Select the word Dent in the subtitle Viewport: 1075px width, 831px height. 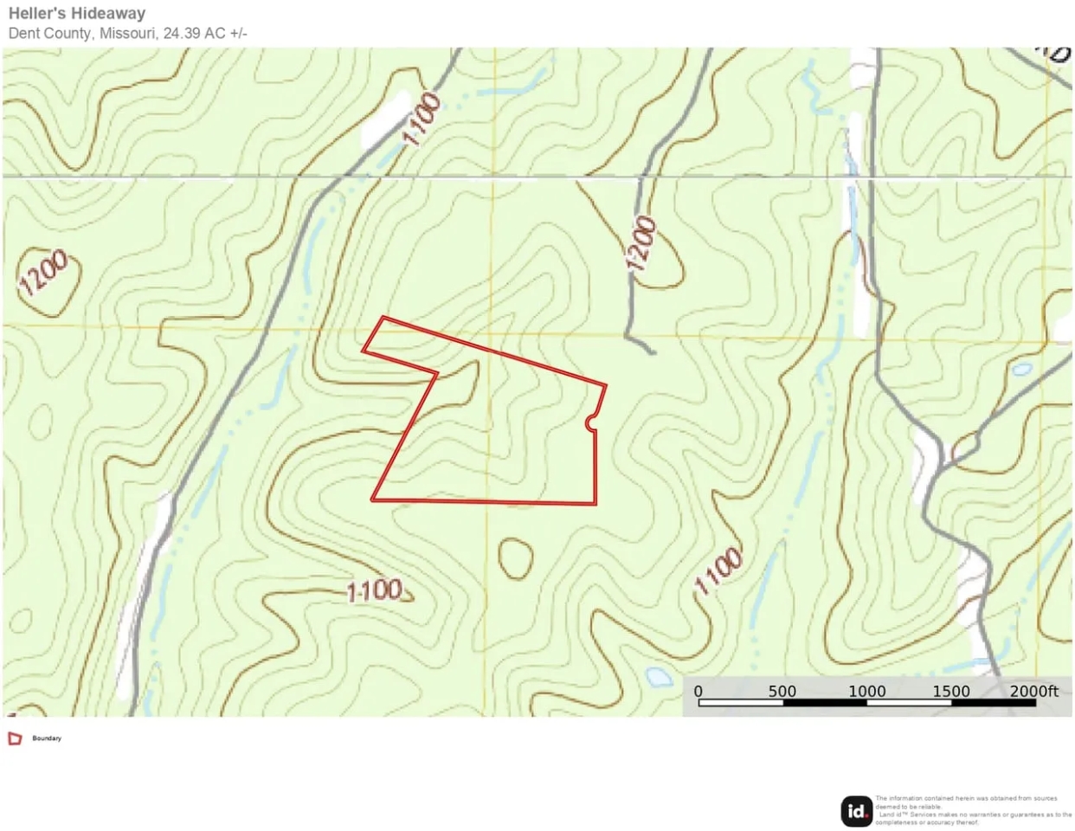tap(23, 34)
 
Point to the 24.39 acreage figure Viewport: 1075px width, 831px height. tap(182, 34)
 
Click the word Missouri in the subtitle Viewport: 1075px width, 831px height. tap(128, 34)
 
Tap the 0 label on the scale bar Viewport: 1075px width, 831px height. tap(698, 691)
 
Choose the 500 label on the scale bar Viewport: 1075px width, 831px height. tap(782, 691)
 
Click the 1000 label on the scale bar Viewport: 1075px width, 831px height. tap(866, 691)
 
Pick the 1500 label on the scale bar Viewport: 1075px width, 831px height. tap(950, 691)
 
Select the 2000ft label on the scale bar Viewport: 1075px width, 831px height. tap(1033, 691)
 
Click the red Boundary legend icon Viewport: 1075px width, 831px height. tap(15, 738)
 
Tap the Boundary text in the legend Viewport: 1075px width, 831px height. tap(47, 738)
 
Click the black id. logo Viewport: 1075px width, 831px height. tap(857, 811)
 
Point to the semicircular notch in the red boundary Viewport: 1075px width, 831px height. tap(592, 422)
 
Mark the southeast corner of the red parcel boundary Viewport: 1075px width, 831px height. tap(596, 503)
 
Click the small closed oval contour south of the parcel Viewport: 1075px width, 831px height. tap(516, 558)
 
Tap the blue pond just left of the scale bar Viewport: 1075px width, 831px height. tap(660, 676)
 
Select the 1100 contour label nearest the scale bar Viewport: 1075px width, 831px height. tap(718, 572)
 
